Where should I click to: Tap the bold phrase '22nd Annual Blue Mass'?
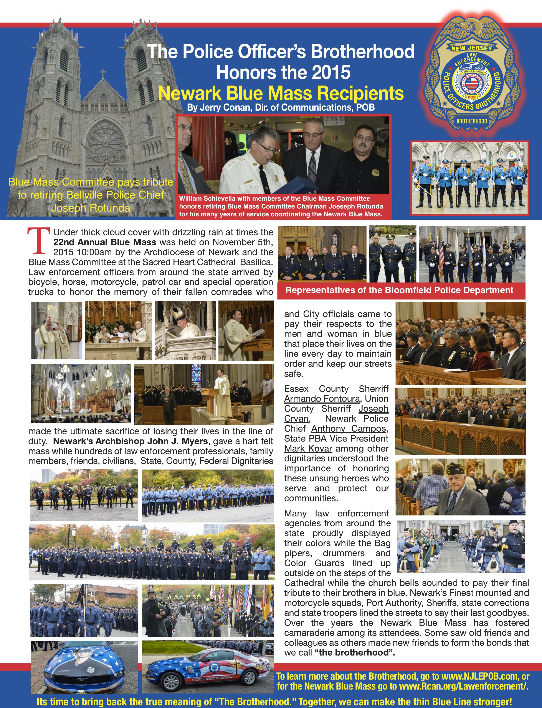click(104, 242)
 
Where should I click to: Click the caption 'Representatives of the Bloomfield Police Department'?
click(399, 290)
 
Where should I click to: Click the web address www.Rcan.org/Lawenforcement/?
click(463, 686)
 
